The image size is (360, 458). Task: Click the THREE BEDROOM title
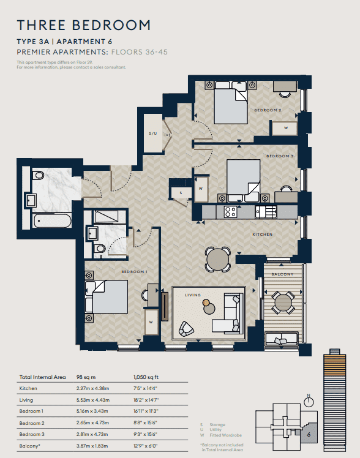tap(84, 25)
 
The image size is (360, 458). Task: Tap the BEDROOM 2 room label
tap(268, 110)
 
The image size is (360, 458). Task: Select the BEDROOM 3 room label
tap(280, 157)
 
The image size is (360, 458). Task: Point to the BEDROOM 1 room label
tap(133, 272)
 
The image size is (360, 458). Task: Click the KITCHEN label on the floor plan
tap(263, 235)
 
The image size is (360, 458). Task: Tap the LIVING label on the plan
tap(193, 295)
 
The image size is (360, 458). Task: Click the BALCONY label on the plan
tap(282, 274)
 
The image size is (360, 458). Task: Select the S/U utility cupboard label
tap(152, 133)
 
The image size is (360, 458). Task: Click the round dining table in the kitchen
tap(218, 260)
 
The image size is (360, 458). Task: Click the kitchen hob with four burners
tap(231, 212)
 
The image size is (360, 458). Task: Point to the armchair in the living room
tap(187, 331)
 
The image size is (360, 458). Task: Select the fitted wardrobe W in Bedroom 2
tap(286, 128)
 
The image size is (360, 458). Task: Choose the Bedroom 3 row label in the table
tap(32, 434)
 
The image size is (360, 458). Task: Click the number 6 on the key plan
tap(309, 435)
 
